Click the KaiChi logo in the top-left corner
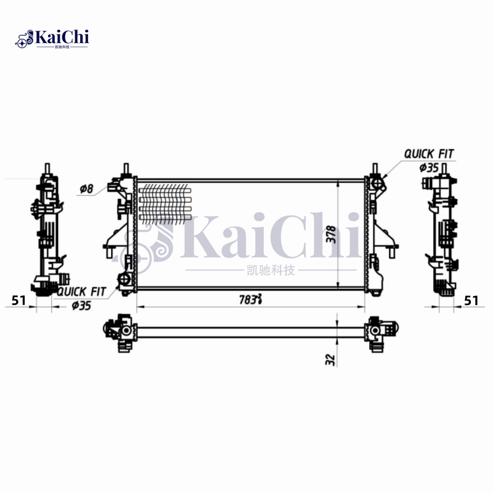coord(52,39)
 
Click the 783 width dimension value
coord(250,299)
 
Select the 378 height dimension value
coord(331,234)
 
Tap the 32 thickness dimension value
coord(330,359)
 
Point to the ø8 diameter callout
coord(86,189)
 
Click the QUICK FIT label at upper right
coord(429,153)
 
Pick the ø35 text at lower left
coord(82,305)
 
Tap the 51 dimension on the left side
coord(19,300)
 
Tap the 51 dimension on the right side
coord(471,300)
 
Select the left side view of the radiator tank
coord(47,234)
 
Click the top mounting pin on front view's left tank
coord(126,169)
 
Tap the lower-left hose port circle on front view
coord(126,280)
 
